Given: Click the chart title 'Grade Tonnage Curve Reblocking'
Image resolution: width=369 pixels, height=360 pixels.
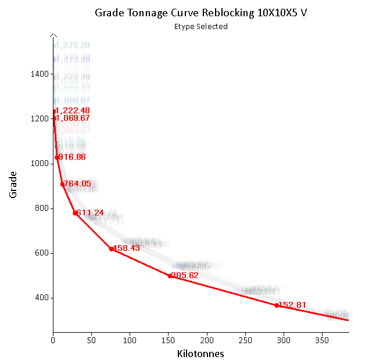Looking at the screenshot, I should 200,13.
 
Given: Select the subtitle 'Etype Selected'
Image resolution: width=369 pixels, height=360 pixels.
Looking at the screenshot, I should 200,26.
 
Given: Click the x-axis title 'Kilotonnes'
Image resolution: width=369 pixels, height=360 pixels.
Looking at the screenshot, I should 200,353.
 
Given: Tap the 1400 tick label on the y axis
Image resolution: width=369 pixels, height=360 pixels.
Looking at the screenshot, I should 39,74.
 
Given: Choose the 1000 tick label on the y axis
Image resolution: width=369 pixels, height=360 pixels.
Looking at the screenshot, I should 39,164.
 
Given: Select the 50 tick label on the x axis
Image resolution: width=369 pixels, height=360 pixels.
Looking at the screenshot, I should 91,340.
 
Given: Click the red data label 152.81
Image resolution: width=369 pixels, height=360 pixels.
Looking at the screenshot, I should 292,305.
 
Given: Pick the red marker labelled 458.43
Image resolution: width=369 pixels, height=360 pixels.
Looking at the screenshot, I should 111,249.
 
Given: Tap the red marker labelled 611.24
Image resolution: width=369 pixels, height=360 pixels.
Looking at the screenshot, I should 75,213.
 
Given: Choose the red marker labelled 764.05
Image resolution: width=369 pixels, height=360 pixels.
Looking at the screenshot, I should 62,184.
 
